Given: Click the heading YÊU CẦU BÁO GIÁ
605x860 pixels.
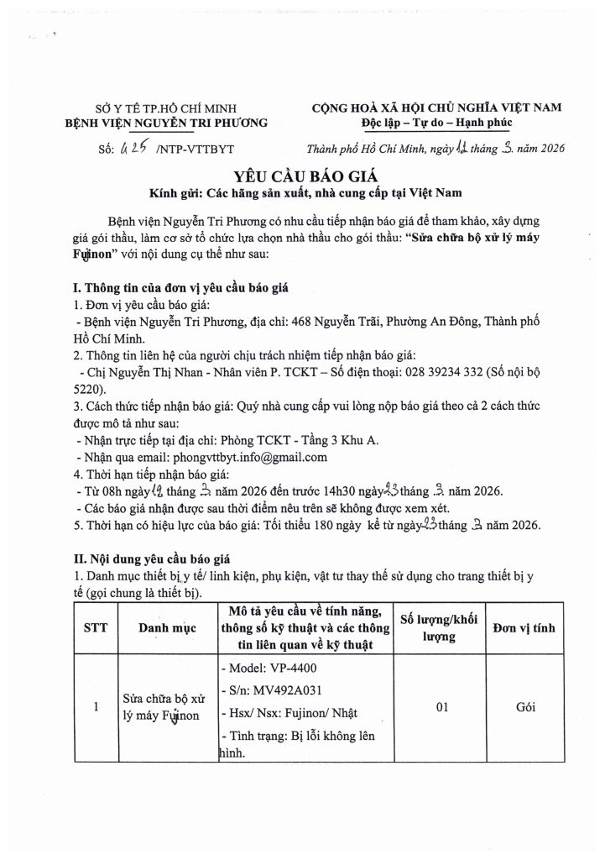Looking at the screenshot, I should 302,176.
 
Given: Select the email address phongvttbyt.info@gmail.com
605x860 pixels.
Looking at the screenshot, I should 249,458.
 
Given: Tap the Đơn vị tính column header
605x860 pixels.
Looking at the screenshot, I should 526,627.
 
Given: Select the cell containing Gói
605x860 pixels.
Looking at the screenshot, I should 526,708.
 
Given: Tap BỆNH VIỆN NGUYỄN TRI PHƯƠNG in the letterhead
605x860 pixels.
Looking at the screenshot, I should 166,123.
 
